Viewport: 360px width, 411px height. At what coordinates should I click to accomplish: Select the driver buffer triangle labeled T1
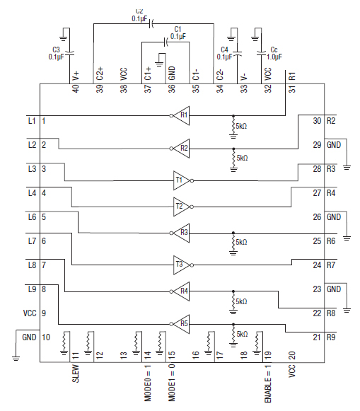point(180,180)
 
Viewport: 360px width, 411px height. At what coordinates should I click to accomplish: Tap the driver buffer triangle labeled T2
point(180,206)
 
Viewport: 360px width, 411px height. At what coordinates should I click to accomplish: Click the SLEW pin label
point(76,373)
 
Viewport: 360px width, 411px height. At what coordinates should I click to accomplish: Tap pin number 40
point(76,89)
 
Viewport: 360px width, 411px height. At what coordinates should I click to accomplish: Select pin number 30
point(316,121)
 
